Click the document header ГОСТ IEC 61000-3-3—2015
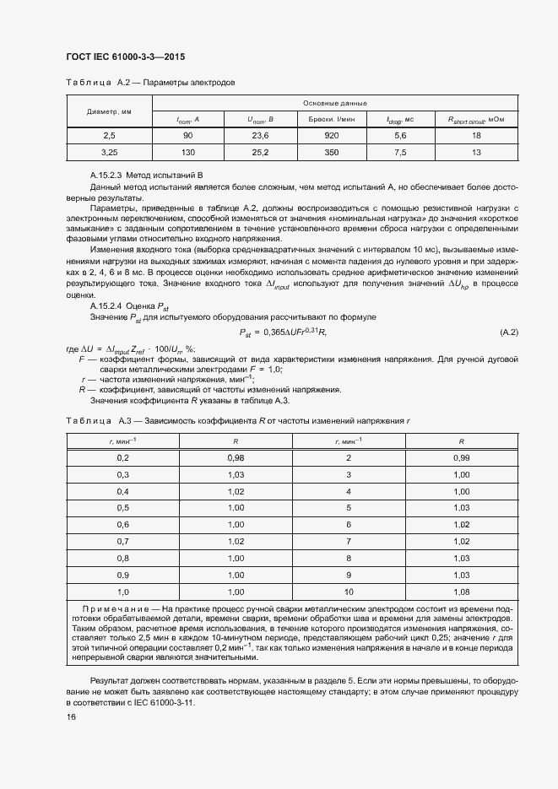124,57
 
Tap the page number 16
71,716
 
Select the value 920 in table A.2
331,135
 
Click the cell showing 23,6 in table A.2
260,135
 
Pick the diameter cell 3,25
109,152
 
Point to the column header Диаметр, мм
109,111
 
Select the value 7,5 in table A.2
400,152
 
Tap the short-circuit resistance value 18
476,135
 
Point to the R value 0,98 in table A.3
236,457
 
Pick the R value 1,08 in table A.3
461,592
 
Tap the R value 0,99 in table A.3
461,457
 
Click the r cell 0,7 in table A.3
122,541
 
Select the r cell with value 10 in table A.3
348,592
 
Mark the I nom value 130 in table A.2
187,152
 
